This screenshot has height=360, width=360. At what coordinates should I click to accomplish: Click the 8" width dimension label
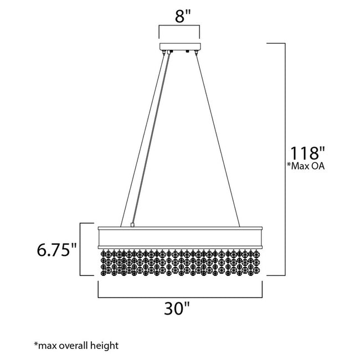click(x=179, y=16)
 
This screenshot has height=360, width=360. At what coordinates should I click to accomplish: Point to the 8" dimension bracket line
click(x=180, y=26)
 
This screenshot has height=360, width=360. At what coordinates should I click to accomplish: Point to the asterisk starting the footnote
click(x=36, y=344)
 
